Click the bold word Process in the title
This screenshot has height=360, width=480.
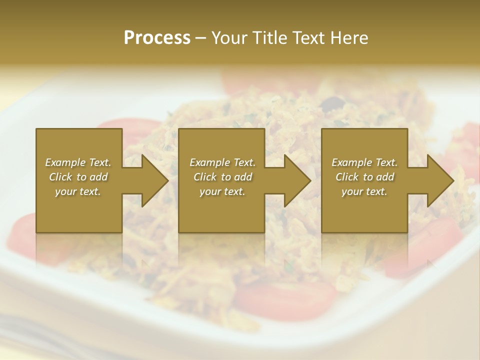(157, 38)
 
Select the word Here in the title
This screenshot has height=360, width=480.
(350, 38)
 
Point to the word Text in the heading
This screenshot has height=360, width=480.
(309, 38)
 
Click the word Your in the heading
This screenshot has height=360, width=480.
(229, 38)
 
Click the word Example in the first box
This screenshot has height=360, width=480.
(64, 162)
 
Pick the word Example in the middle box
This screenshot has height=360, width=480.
(208, 162)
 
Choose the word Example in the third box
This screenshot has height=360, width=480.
(350, 162)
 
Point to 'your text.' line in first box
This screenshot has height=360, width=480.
(78, 191)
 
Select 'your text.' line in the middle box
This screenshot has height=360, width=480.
(222, 191)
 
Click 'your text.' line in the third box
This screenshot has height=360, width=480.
(364, 191)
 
